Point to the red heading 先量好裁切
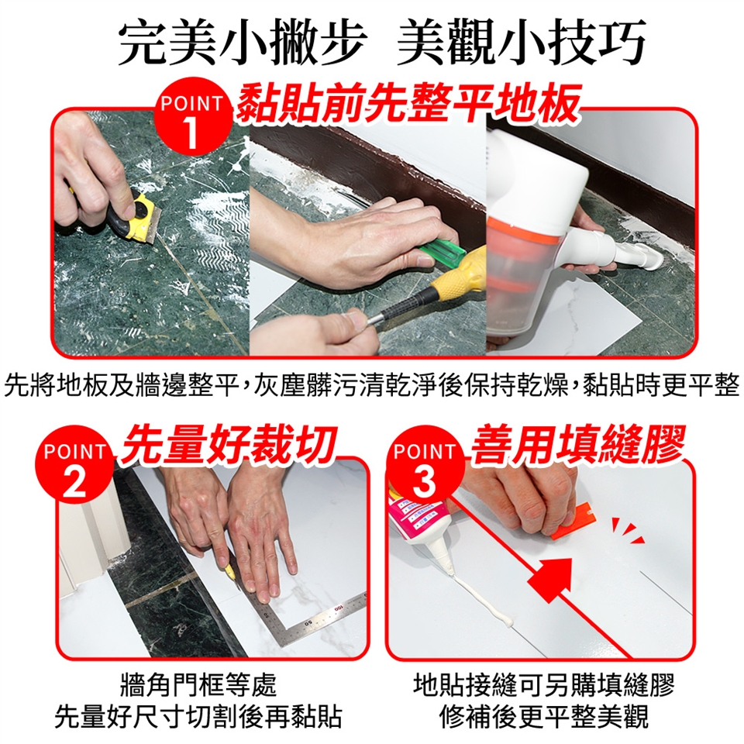click(x=229, y=443)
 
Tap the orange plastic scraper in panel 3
click(x=573, y=521)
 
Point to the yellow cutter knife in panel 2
click(x=231, y=570)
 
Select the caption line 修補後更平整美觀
click(x=544, y=717)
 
